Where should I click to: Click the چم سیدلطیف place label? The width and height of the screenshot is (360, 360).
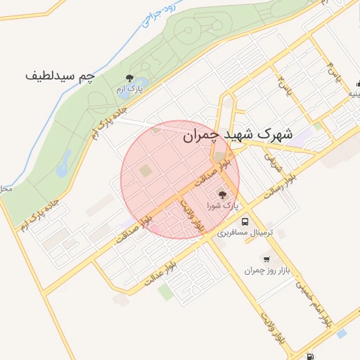pos(60,74)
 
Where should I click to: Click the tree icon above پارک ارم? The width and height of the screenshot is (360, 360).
pos(128,78)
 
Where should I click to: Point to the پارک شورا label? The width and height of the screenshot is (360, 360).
pos(223,206)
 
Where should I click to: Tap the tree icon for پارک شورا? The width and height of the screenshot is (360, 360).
pos(223,195)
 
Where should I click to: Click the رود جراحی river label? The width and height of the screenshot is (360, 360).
pos(157,15)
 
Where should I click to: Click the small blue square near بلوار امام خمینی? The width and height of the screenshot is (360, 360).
pos(342,333)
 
